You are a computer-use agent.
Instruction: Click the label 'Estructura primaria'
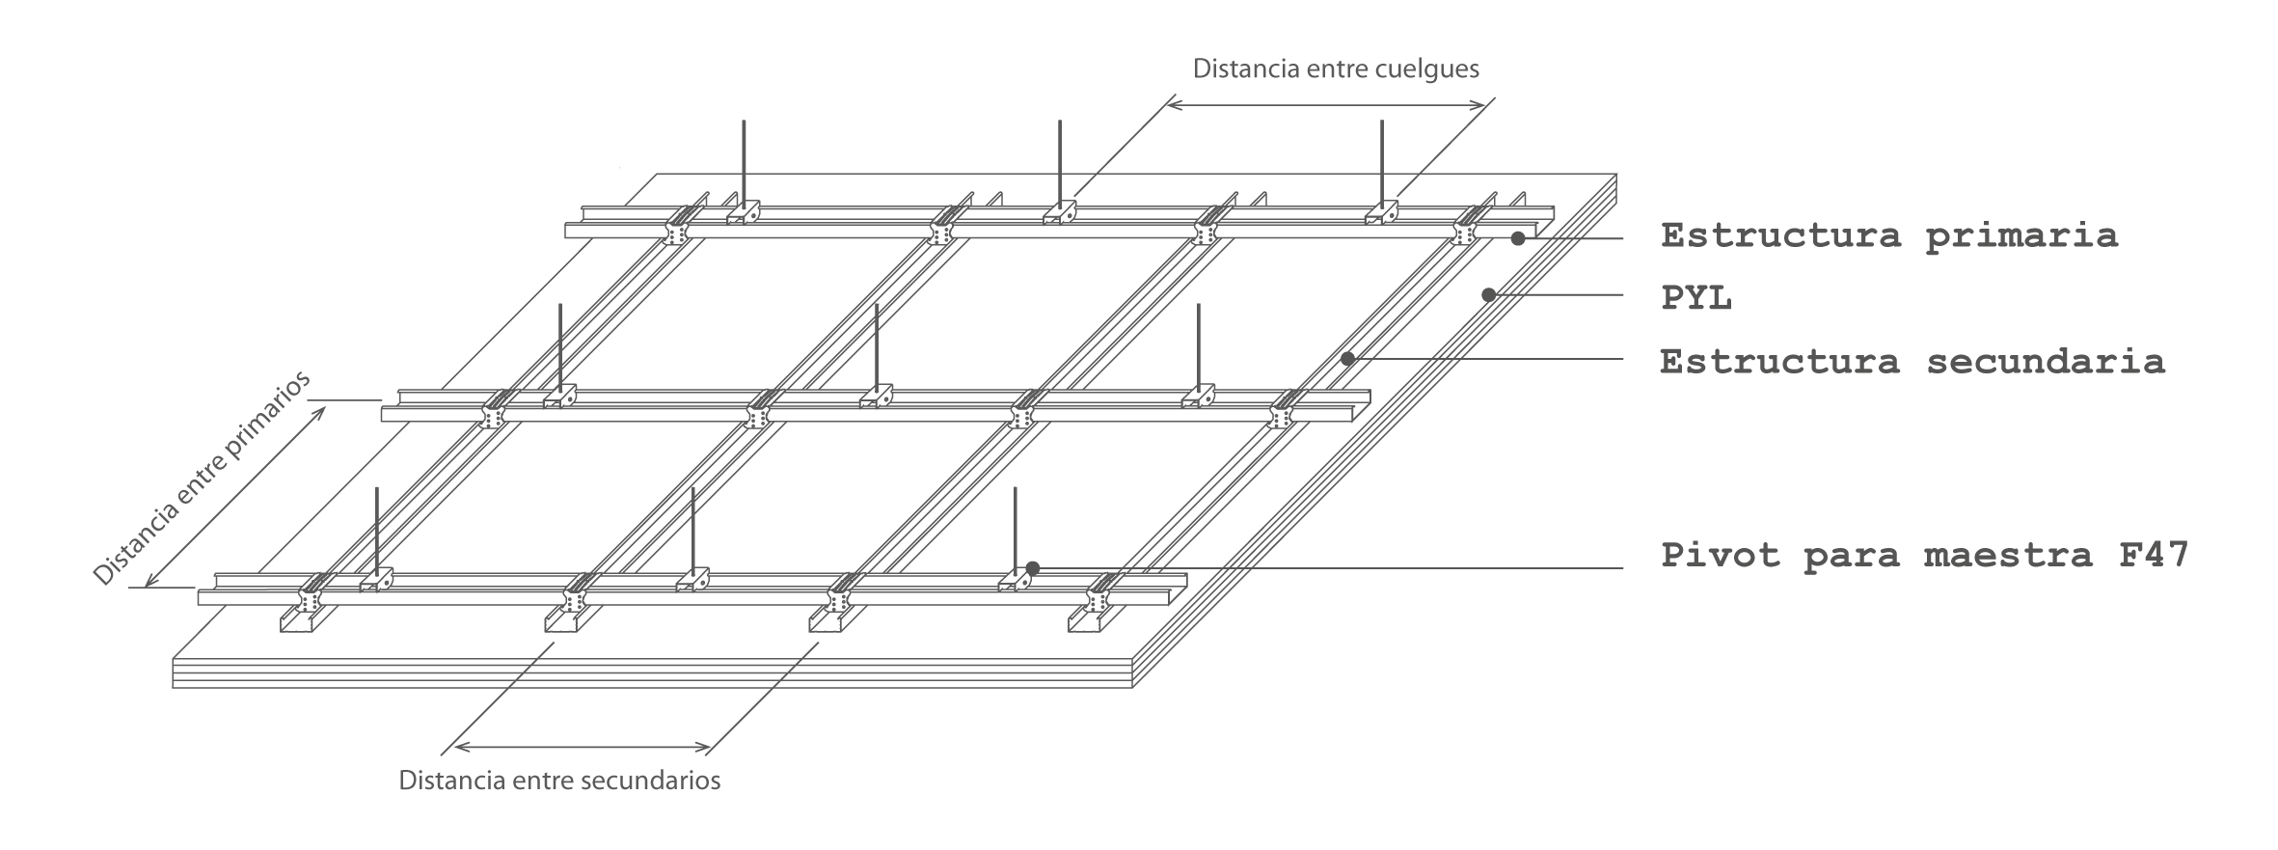(x=1888, y=235)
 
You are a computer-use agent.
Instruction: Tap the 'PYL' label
(x=1696, y=298)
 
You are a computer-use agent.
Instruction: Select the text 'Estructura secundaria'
(x=1912, y=362)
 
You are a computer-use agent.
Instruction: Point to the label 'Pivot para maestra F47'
(x=1924, y=556)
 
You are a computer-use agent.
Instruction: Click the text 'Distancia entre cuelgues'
(x=1336, y=69)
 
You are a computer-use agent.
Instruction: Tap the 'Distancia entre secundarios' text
(x=559, y=780)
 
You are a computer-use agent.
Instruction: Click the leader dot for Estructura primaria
(x=1517, y=237)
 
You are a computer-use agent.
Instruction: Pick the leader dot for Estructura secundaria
(x=1347, y=359)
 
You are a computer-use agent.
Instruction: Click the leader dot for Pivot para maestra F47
(x=1032, y=568)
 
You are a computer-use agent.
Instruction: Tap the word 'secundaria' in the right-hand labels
(x=2046, y=362)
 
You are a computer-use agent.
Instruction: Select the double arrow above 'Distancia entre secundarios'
(x=583, y=746)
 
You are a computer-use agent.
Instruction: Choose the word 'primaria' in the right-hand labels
(x=2021, y=235)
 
